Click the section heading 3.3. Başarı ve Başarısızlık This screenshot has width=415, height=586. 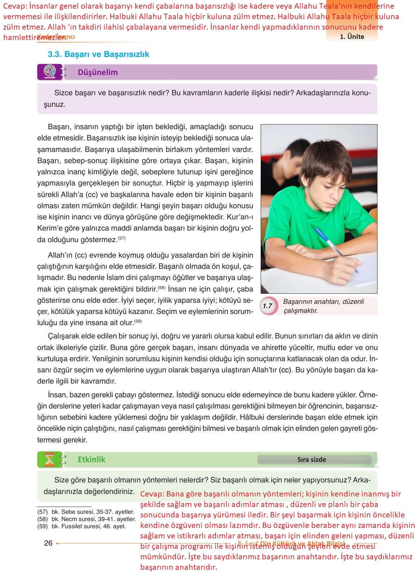point(98,54)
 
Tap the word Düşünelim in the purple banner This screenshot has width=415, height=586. point(98,72)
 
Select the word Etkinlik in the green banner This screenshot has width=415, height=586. point(92,459)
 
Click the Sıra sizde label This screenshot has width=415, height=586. point(312,460)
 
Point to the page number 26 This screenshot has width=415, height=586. point(48,543)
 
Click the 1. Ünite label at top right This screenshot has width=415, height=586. point(352,36)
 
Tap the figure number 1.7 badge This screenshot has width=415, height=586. point(268,306)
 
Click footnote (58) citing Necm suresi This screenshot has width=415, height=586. point(87,519)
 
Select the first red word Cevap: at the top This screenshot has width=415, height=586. point(15,6)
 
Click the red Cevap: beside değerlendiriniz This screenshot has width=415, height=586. point(153,494)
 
